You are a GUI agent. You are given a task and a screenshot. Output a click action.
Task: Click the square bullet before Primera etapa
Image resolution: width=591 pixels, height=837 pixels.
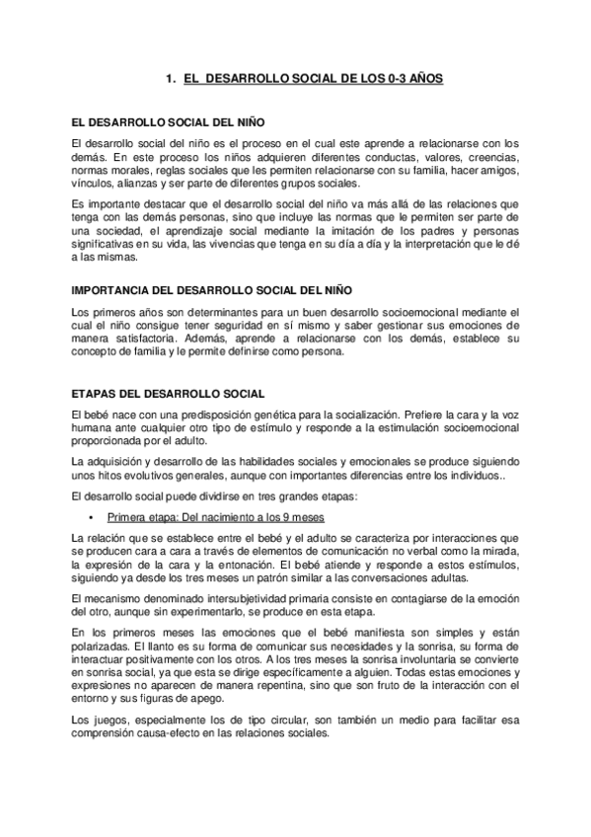92,517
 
